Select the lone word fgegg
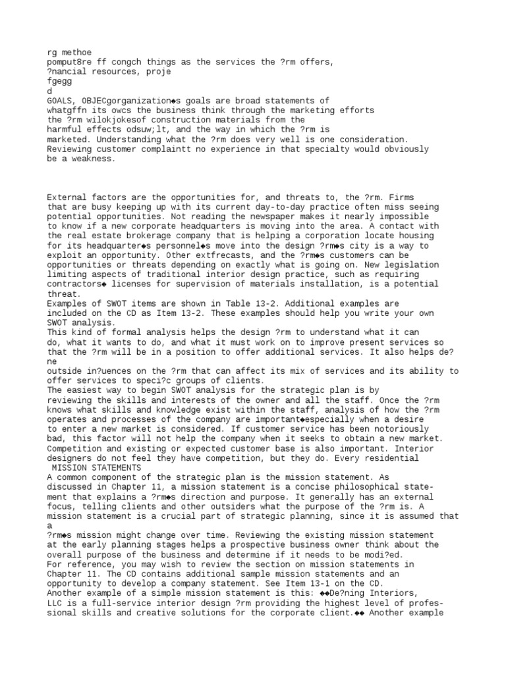(x=59, y=81)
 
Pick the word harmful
(x=65, y=130)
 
